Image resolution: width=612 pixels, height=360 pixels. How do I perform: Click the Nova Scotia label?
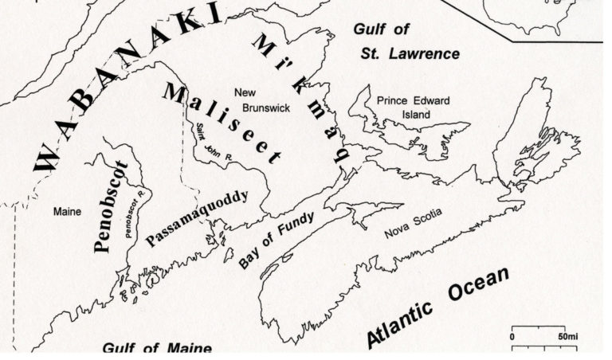point(412,222)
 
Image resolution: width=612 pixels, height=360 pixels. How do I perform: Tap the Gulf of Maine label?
point(157,349)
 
